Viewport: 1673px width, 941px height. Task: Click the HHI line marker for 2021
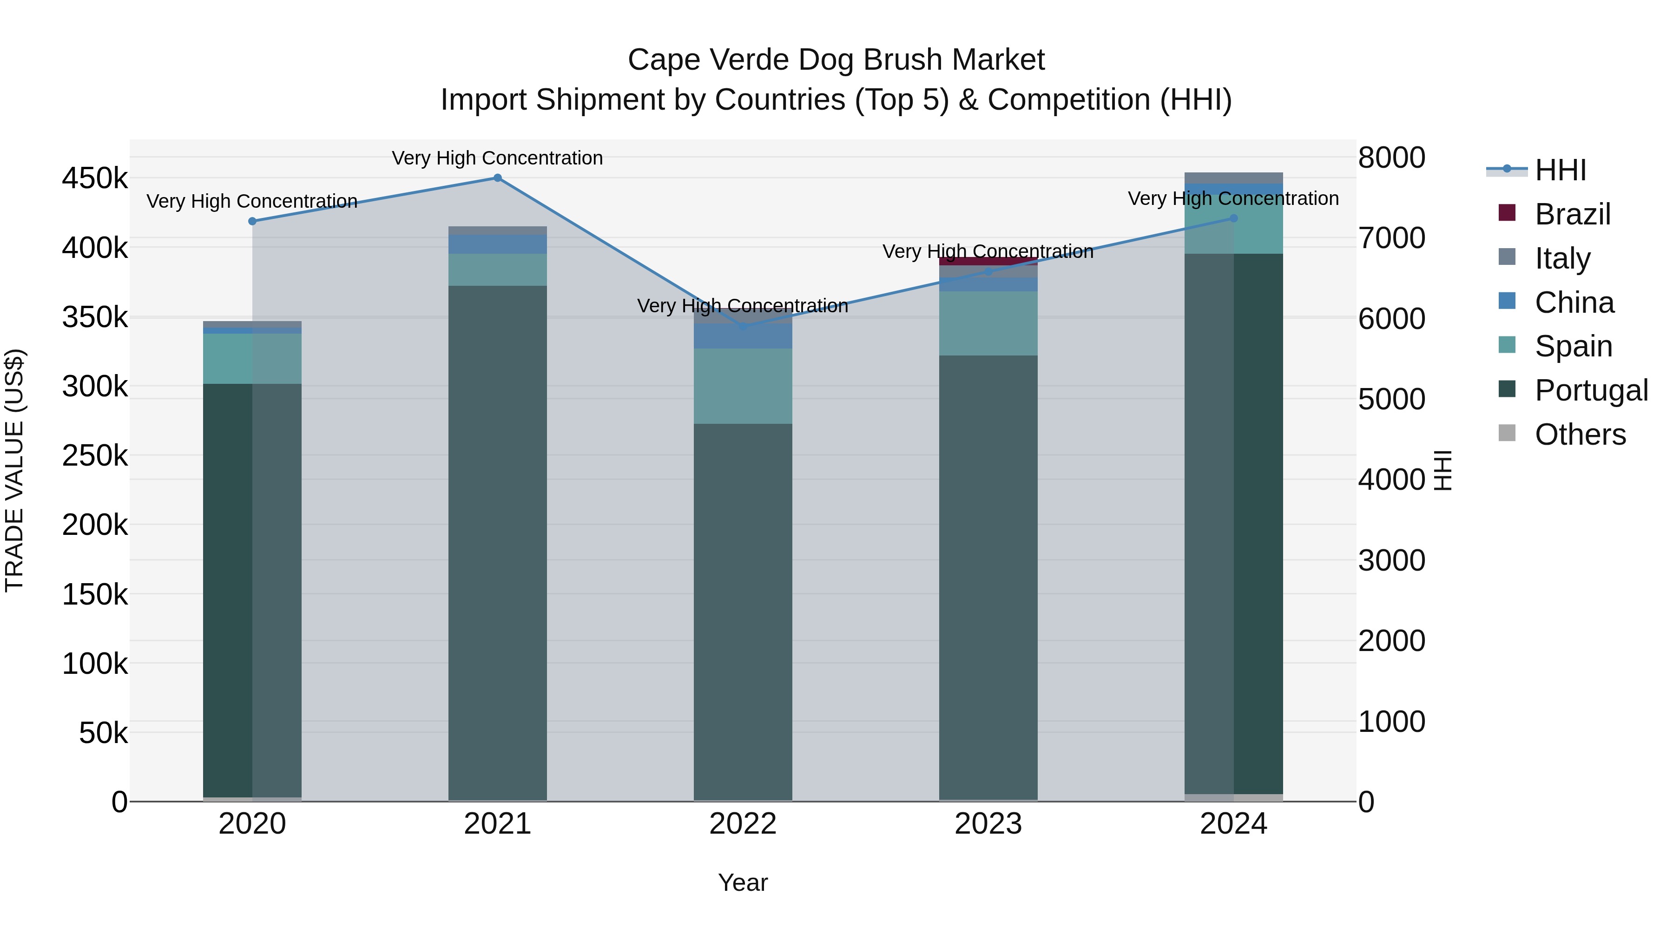[497, 178]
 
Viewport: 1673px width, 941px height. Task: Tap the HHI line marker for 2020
[253, 222]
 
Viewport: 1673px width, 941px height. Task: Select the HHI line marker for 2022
[743, 327]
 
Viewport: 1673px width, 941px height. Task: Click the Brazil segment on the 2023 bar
[988, 261]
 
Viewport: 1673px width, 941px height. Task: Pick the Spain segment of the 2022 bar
[743, 387]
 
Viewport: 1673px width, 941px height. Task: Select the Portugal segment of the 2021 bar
[497, 542]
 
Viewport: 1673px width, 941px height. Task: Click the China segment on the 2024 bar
[1233, 190]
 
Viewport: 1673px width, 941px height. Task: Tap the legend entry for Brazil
[1572, 214]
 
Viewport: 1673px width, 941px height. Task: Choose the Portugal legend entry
[1591, 390]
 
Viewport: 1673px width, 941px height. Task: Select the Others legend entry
[1580, 434]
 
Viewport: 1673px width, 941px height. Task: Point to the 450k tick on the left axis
[95, 178]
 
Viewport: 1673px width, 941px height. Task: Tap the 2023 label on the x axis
[988, 824]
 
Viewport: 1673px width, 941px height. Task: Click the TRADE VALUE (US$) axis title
[14, 470]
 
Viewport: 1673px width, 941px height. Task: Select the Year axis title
[743, 882]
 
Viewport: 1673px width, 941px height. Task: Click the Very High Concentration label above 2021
[497, 158]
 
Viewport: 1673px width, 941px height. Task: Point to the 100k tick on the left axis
[95, 664]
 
